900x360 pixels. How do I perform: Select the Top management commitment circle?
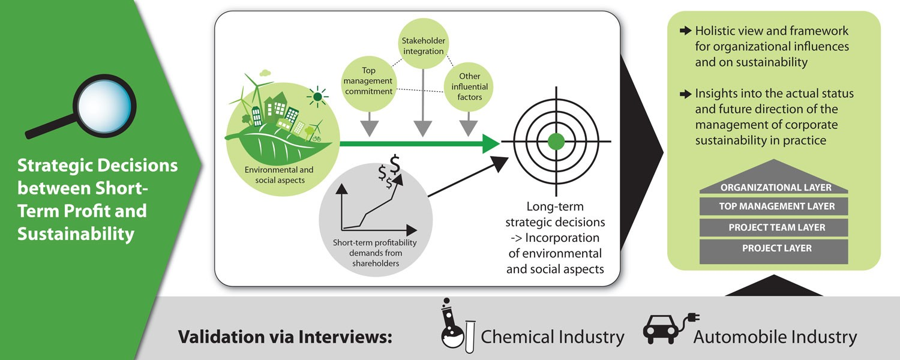(368, 81)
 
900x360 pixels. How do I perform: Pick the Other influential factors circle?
(473, 86)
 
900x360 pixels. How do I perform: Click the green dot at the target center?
(556, 142)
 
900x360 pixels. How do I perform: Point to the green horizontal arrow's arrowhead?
(490, 143)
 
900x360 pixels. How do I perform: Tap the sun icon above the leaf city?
(317, 95)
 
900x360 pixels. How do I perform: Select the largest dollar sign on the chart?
(394, 163)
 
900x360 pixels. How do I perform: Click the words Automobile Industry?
(775, 337)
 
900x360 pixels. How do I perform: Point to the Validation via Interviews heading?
(284, 337)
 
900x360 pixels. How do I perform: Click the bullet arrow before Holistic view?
(685, 31)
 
